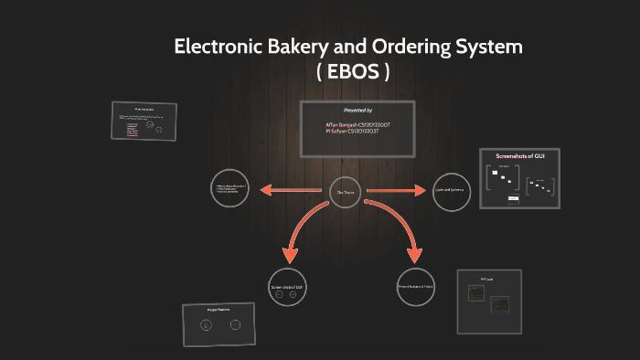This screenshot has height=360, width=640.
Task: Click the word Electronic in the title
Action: pos(220,48)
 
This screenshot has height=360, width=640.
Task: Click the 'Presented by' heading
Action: pos(357,110)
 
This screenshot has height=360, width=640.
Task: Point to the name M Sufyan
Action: pos(339,131)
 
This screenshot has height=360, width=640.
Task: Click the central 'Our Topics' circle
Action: pos(346,191)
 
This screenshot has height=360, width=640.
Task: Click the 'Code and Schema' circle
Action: pos(451,192)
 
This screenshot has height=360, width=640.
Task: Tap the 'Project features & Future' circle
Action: pos(416,287)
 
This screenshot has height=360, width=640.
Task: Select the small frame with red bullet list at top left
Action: pos(144,121)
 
